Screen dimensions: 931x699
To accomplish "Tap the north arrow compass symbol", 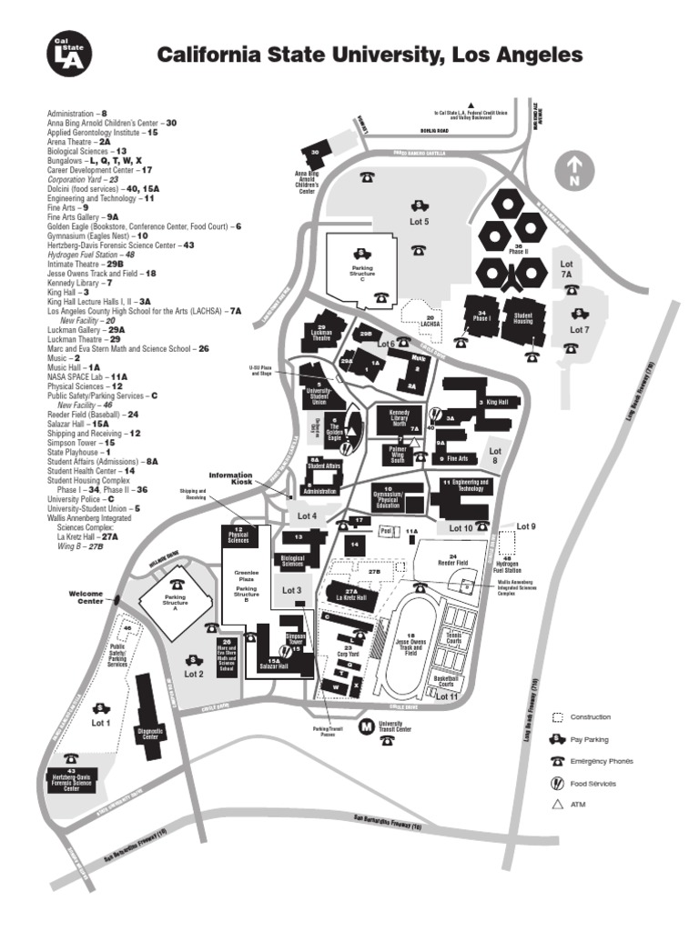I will (574, 171).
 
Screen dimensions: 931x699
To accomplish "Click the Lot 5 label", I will (420, 221).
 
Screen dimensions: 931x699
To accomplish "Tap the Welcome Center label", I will (87, 596).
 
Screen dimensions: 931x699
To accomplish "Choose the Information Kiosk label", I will (229, 477).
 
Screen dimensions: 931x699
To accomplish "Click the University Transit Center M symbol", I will (366, 726).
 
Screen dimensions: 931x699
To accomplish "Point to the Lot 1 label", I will (100, 723).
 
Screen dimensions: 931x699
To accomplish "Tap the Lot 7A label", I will (566, 268).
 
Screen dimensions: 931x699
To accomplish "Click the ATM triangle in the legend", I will (557, 804).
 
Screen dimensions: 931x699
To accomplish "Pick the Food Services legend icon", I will (557, 783).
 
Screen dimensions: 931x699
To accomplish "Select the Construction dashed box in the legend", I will (557, 717).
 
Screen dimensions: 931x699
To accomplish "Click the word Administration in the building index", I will (73, 114).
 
